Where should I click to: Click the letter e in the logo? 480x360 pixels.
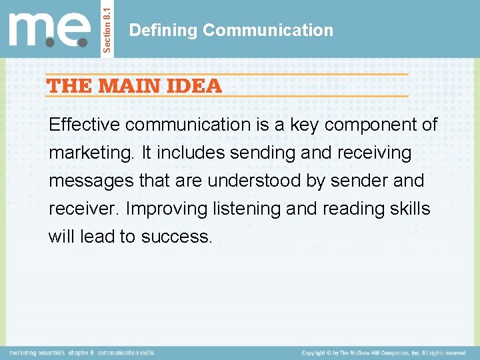pos(74,30)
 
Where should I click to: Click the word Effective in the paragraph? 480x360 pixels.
pos(84,125)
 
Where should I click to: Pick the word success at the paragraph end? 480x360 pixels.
pos(176,237)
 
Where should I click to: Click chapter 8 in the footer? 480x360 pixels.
pos(82,352)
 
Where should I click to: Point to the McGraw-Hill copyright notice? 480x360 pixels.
pos(384,352)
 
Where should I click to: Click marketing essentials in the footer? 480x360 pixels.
pos(37,352)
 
